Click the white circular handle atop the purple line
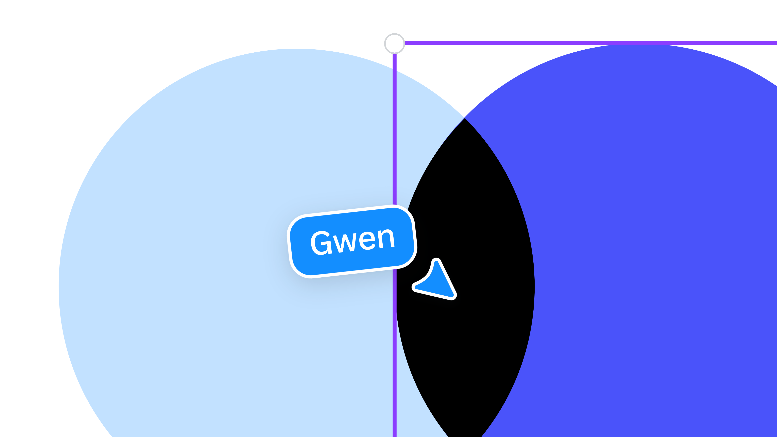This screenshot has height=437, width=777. (394, 44)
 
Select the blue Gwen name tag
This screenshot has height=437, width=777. (352, 241)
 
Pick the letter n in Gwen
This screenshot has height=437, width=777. (386, 238)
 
